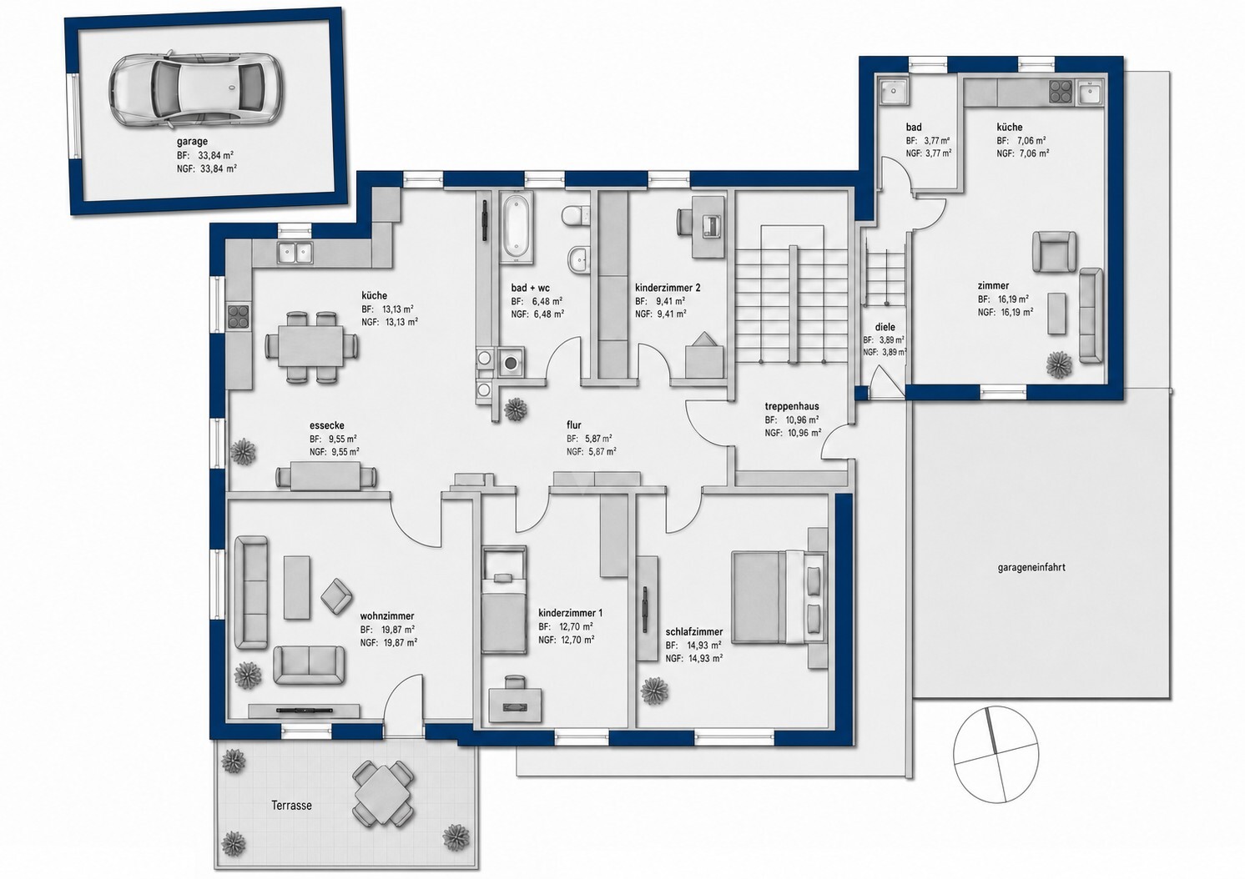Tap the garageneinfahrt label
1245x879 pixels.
pos(1031,568)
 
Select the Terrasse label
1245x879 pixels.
pos(291,805)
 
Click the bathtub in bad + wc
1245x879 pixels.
pos(517,226)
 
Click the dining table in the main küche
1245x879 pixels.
pos(312,347)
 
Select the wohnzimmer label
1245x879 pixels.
pos(387,615)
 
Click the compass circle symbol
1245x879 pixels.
pos(995,755)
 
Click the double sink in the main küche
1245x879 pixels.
pos(295,253)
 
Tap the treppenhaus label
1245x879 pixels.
pos(791,406)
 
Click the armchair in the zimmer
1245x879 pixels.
pos(1054,252)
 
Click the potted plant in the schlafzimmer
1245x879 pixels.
pos(655,691)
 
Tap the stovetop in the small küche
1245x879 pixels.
pos(1061,92)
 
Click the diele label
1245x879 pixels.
pos(885,327)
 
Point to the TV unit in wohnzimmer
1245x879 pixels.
pos(304,710)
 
